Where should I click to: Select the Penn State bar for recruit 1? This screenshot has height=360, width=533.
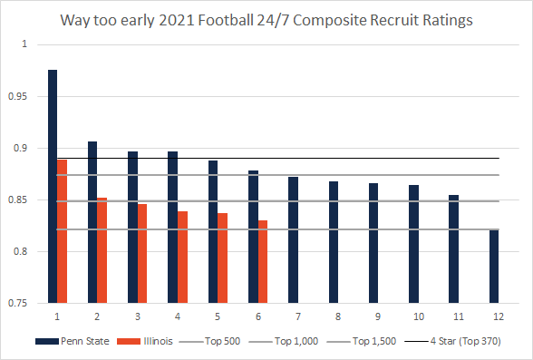(53, 186)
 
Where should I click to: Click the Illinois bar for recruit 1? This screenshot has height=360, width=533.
(63, 231)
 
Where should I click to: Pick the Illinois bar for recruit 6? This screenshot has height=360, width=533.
(263, 262)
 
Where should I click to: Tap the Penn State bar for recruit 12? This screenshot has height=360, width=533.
(494, 267)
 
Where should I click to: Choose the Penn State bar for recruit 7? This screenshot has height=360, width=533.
(294, 240)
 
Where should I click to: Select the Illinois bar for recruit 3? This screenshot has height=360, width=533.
(142, 254)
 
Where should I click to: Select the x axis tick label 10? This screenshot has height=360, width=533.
(414, 316)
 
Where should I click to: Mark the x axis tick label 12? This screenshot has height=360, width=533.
(494, 316)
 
